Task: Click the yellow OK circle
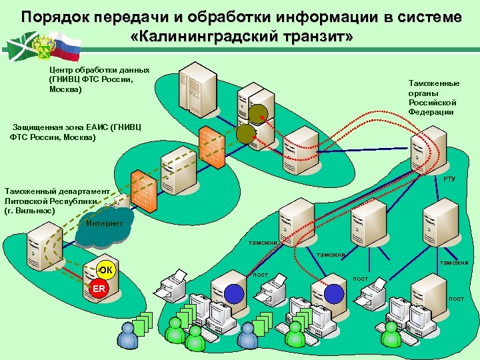[105, 269]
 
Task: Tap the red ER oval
[99, 288]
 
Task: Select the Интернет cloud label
[105, 223]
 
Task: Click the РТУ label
[449, 179]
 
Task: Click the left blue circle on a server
[233, 293]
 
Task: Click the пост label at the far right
[456, 298]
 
